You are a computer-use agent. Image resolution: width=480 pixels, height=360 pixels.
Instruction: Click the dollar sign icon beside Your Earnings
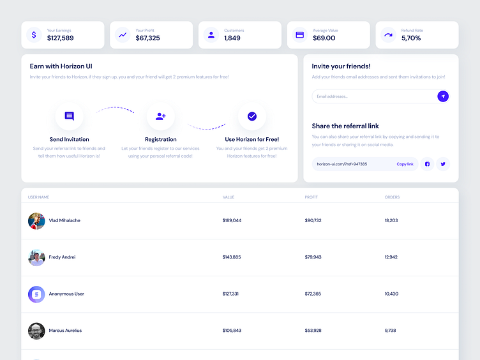tap(34, 34)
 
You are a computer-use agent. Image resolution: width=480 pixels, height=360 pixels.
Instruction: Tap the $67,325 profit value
tap(147, 38)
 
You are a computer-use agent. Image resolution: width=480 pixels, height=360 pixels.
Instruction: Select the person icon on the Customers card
tap(211, 34)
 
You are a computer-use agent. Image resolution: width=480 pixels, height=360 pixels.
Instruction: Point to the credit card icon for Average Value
tap(299, 34)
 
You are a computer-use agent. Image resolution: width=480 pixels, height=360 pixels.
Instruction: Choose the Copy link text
tap(405, 164)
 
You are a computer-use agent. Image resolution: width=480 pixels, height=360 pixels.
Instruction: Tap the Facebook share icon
tap(428, 164)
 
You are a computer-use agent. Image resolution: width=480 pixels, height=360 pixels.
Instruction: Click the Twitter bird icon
tap(443, 164)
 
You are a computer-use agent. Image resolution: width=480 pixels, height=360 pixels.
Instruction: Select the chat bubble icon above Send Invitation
tap(70, 116)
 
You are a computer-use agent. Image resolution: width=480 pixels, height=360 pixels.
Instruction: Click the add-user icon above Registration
tap(161, 116)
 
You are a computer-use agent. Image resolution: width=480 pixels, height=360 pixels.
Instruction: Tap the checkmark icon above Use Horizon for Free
tap(252, 116)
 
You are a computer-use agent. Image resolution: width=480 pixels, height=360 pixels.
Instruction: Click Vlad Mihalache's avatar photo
tap(36, 221)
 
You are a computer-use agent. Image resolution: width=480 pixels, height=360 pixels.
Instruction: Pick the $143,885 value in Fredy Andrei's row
tap(232, 257)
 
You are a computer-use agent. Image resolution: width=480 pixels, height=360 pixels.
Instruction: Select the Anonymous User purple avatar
tap(36, 294)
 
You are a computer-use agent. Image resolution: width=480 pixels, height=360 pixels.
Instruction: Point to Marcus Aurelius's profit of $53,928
tap(313, 331)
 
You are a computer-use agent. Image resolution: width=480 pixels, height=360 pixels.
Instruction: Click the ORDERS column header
tap(392, 197)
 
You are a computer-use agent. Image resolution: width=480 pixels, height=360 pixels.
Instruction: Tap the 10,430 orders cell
tap(391, 294)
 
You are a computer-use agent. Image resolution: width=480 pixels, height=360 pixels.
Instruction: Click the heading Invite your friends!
tap(341, 66)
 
